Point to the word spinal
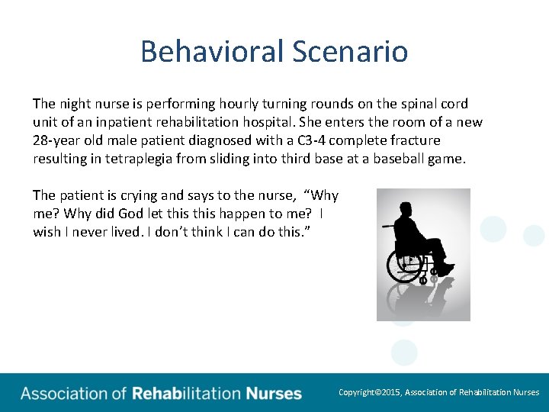coord(422,103)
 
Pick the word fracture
coord(416,140)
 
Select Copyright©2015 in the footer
coord(370,392)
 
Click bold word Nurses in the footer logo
coord(274,394)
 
